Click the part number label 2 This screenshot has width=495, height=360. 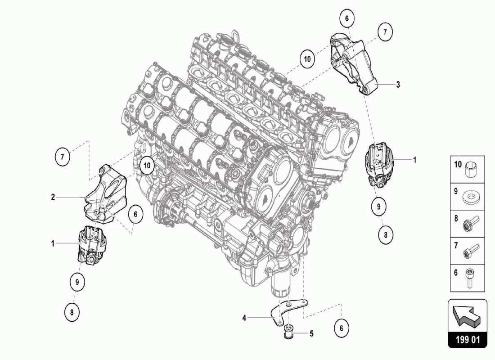[53, 197]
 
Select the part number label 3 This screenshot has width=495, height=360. [398, 84]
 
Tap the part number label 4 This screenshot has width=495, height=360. [244, 318]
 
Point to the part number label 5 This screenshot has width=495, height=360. [311, 334]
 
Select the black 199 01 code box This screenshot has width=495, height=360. [467, 339]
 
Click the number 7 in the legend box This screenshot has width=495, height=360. [455, 245]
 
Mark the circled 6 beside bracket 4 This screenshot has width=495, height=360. [342, 328]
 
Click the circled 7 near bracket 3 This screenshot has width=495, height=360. [385, 32]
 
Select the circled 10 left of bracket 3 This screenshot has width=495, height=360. [307, 59]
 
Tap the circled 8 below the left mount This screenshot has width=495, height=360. [72, 311]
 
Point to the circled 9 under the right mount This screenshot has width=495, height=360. [379, 207]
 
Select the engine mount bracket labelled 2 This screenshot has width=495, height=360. [107, 195]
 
